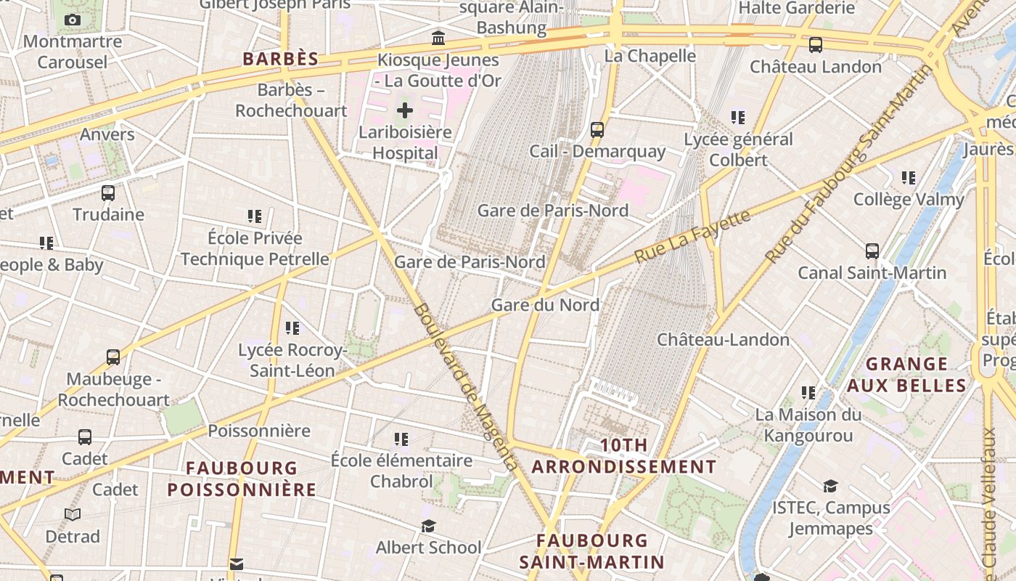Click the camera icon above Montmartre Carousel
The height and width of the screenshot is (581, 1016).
(x=73, y=20)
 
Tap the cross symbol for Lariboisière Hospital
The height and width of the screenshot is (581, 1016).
(x=405, y=110)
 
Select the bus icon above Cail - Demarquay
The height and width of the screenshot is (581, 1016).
(x=597, y=130)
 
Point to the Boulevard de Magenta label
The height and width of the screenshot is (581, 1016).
(x=466, y=388)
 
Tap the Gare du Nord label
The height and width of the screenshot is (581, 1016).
(x=545, y=304)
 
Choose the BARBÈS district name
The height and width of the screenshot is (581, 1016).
(x=281, y=59)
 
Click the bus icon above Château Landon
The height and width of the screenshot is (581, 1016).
(x=816, y=45)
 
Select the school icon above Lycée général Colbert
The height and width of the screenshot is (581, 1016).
(x=738, y=117)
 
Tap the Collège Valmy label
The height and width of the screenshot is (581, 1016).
(x=909, y=199)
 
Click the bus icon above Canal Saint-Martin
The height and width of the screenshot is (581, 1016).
(x=872, y=251)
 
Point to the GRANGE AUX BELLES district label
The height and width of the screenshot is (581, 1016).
(x=907, y=374)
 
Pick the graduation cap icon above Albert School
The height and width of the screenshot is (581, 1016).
(x=428, y=526)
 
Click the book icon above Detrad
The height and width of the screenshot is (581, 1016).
(x=73, y=515)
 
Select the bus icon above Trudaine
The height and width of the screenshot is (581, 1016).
(x=108, y=193)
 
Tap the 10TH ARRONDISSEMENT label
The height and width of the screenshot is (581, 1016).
(x=624, y=455)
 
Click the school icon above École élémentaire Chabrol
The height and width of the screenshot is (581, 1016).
(x=401, y=439)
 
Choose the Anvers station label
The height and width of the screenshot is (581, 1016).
(x=107, y=134)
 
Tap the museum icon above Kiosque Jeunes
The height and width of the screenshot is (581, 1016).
(x=438, y=38)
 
